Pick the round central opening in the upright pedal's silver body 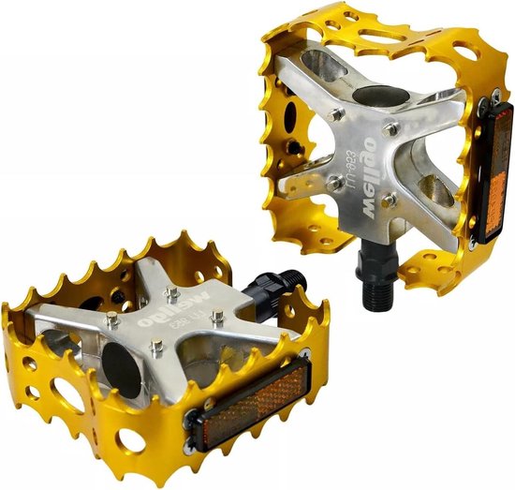click(378, 94)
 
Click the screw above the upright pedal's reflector click(490, 93)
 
